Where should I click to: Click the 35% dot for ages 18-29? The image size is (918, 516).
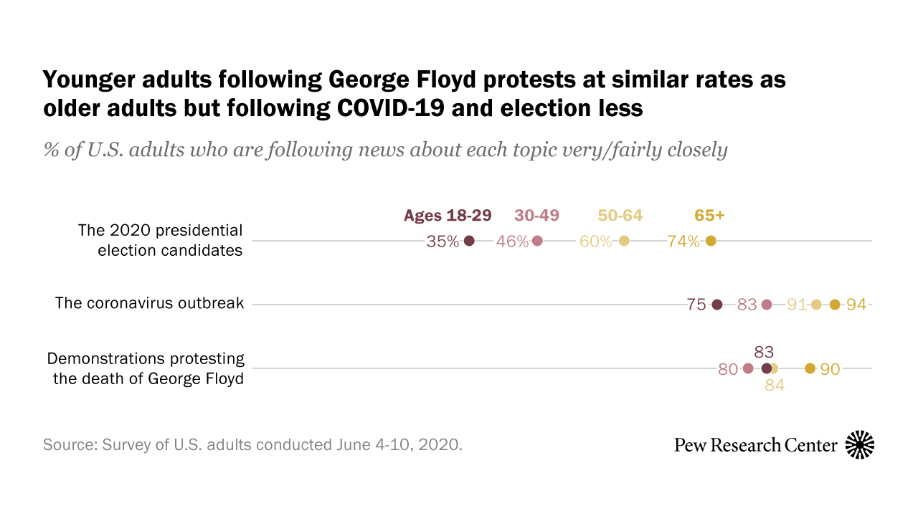pyautogui.click(x=469, y=241)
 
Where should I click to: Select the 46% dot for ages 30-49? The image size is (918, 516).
pyautogui.click(x=537, y=241)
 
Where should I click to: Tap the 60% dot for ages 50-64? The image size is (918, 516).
pyautogui.click(x=624, y=241)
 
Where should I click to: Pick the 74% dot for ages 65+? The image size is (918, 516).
pyautogui.click(x=711, y=241)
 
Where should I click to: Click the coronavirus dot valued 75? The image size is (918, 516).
pyautogui.click(x=716, y=305)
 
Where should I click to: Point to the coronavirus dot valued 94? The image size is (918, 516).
pyautogui.click(x=834, y=305)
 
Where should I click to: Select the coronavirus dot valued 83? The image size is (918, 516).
pyautogui.click(x=766, y=305)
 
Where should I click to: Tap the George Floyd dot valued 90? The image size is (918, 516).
pyautogui.click(x=810, y=368)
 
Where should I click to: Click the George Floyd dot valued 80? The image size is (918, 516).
pyautogui.click(x=748, y=368)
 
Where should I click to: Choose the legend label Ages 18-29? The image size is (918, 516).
pyautogui.click(x=448, y=216)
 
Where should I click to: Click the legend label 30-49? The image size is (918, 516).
pyautogui.click(x=536, y=216)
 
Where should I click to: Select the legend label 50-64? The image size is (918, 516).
pyautogui.click(x=620, y=216)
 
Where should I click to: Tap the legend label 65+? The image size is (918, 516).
pyautogui.click(x=709, y=216)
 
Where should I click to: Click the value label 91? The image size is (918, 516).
pyautogui.click(x=797, y=305)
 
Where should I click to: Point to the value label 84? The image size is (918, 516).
pyautogui.click(x=775, y=386)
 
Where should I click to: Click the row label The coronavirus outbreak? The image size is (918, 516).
pyautogui.click(x=149, y=303)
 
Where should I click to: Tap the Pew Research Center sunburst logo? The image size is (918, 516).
pyautogui.click(x=860, y=445)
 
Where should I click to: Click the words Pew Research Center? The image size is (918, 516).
pyautogui.click(x=755, y=445)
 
